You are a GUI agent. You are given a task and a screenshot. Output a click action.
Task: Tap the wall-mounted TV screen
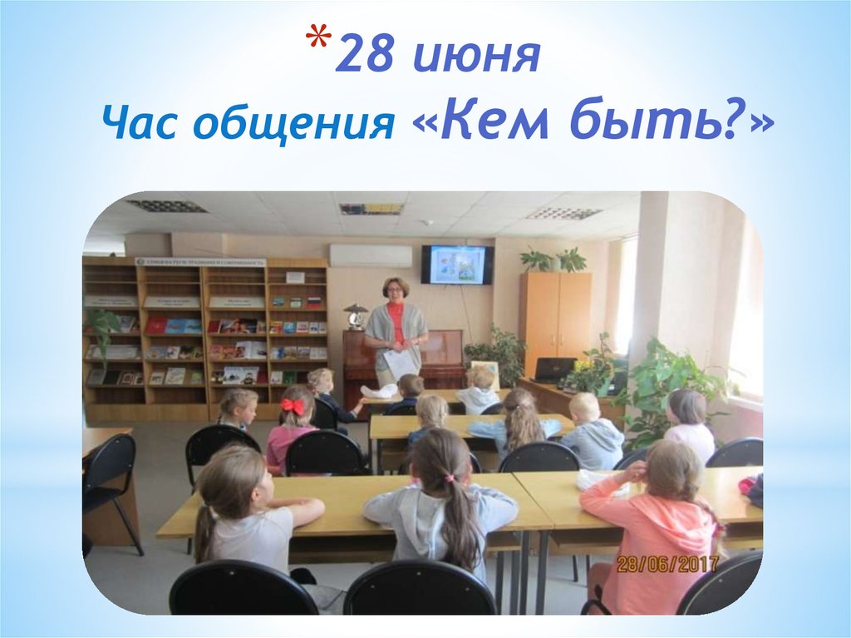point(456,264)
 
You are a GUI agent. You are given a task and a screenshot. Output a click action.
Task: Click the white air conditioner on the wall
point(371,255)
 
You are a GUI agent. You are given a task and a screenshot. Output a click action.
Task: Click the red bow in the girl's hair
point(293,406)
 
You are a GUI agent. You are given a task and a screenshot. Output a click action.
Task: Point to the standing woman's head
point(395,289)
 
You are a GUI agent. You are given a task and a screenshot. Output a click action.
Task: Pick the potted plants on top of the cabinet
point(553,260)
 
